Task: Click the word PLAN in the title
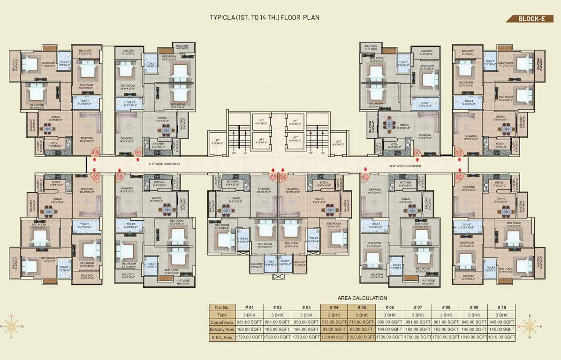point(311,18)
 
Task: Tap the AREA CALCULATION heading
point(362,298)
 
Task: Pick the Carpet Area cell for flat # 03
point(306,322)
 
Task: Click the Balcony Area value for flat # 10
point(501,330)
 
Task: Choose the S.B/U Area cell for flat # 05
point(361,337)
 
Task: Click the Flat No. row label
point(222,307)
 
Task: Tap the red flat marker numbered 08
point(95,152)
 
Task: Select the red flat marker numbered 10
point(417,152)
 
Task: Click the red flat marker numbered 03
point(365,177)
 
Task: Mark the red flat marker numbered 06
point(119,177)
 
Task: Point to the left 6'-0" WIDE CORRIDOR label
point(164,164)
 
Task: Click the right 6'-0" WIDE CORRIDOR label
point(405,166)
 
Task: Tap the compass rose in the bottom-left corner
point(11,324)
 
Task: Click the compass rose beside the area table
point(530,324)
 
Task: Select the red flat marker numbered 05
point(273,177)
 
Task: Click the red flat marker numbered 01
point(459,152)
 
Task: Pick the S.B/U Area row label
point(222,337)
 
